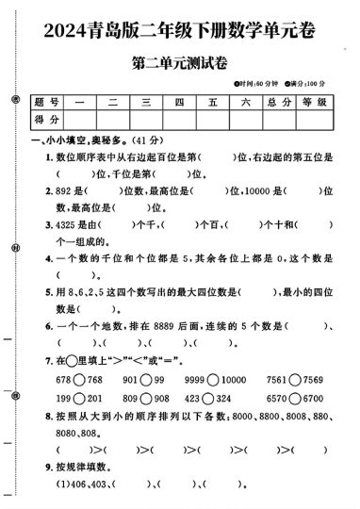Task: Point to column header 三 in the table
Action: click(x=146, y=103)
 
